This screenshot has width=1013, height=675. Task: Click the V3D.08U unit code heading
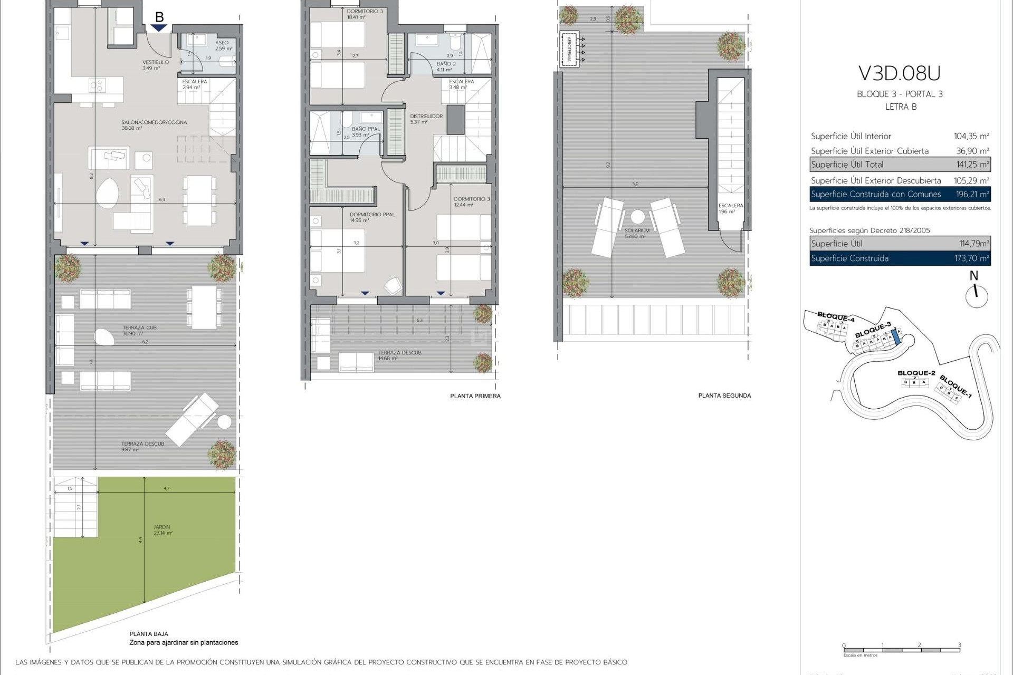(900, 73)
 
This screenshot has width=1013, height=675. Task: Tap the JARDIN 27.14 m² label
(163, 530)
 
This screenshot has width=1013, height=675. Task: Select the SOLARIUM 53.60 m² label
(636, 234)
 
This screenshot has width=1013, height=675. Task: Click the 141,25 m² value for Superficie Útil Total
(972, 165)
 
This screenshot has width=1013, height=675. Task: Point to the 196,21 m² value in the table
(972, 194)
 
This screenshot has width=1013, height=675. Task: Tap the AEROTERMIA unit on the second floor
(569, 50)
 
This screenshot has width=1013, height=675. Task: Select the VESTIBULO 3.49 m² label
(155, 65)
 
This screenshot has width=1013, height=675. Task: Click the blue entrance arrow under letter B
(159, 28)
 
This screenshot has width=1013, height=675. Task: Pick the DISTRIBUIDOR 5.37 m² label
(426, 119)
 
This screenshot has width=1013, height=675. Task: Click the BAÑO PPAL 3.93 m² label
(366, 132)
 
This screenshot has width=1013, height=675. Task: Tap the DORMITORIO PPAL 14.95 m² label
(371, 217)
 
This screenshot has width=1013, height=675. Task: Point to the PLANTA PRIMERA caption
(475, 396)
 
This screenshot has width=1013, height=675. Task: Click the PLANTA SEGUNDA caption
(724, 396)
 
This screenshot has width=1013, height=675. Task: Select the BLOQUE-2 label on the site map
(916, 373)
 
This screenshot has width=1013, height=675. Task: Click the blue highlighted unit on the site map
(895, 336)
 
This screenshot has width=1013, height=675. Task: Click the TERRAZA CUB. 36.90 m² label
(140, 331)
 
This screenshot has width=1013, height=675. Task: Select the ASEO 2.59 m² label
(223, 45)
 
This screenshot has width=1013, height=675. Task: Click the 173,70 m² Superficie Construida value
(972, 258)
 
